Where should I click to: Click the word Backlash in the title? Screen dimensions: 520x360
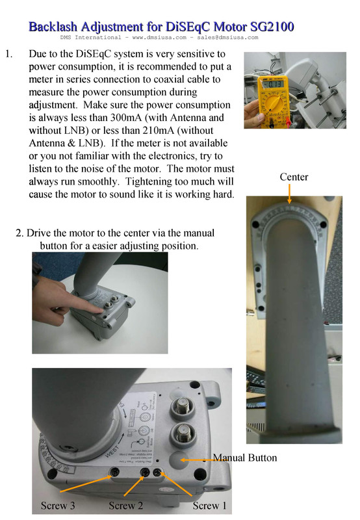point(57,27)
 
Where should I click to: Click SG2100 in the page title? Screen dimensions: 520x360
point(268,27)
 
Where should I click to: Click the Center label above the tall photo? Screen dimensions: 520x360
point(294,177)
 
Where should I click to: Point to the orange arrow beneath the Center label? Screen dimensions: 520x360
point(289,192)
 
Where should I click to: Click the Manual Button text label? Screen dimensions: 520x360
point(244,458)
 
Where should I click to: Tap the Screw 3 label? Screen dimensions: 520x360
point(60,506)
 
